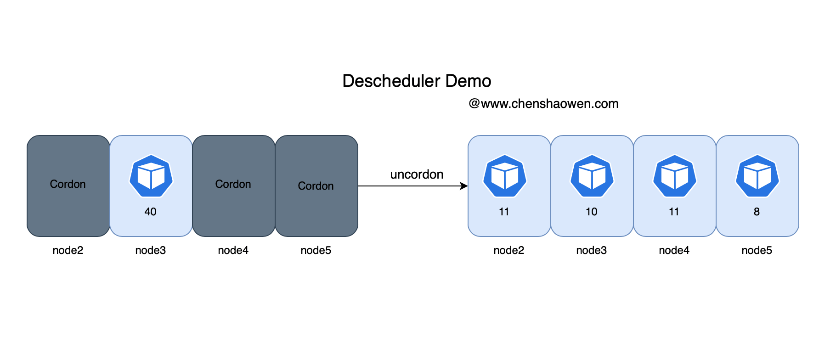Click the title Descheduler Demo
point(417,81)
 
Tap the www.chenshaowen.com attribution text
point(543,104)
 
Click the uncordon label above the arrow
point(417,174)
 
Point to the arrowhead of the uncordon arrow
point(464,186)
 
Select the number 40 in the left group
point(150,212)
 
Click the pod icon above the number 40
point(151,176)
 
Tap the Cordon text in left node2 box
point(68,184)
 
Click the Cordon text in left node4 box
point(233,184)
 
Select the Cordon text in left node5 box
point(316,186)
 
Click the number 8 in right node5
point(757,212)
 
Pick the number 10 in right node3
point(591,212)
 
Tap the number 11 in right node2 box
point(504,212)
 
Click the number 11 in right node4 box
point(674,212)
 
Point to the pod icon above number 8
point(757,176)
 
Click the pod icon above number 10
point(592,176)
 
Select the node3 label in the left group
point(150,250)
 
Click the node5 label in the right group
point(757,250)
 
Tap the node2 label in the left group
point(68,250)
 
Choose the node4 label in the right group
point(674,250)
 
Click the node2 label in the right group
point(508,250)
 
